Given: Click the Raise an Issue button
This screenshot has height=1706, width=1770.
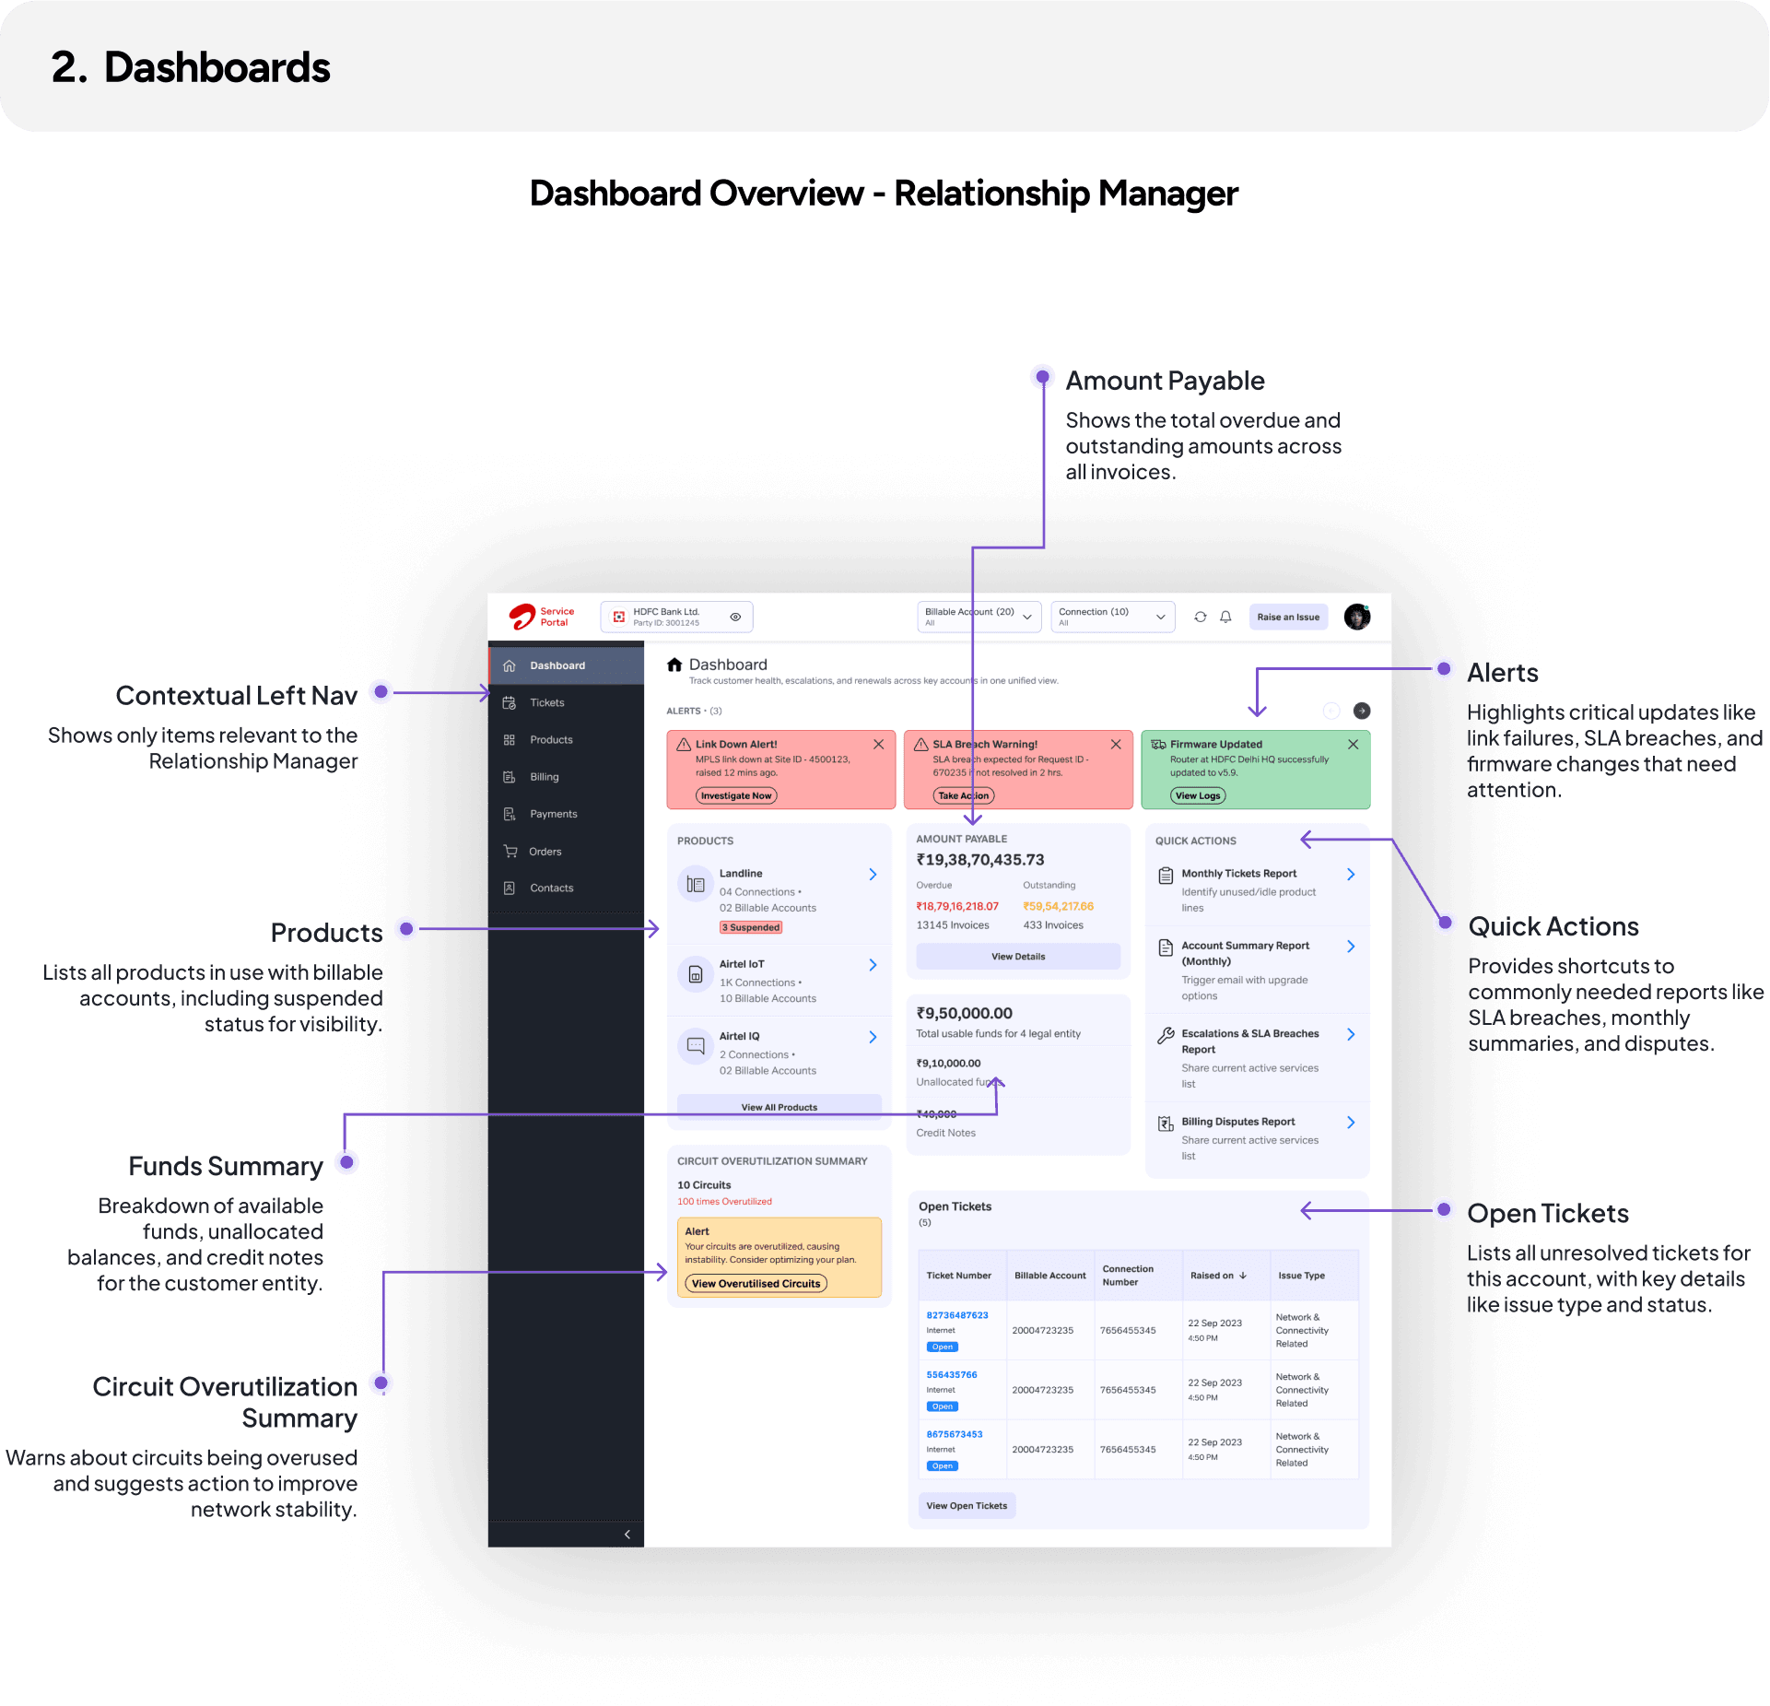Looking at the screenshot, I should pos(1287,617).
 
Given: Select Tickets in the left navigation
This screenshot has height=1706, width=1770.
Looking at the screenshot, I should pos(546,702).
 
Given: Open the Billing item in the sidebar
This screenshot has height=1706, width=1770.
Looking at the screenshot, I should pos(544,777).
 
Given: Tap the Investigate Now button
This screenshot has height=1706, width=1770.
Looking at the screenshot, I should pos(735,795).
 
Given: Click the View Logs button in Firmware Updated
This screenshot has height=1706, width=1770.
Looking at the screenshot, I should pos(1197,795).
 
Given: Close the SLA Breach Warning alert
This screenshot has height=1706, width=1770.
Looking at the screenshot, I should pos(1115,744).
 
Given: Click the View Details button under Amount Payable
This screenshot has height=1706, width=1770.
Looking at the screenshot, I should pos(1017,957).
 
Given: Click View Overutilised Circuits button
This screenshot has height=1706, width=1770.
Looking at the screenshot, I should pos(756,1283).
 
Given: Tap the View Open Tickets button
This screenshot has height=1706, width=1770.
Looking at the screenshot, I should pos(966,1506).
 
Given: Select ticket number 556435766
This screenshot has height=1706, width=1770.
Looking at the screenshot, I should pos(951,1374).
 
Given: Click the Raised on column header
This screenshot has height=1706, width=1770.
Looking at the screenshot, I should pos(1217,1276).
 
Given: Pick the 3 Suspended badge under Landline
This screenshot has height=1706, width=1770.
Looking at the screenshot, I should pos(751,927).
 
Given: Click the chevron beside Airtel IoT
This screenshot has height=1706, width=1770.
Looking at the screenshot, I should pos(873,965).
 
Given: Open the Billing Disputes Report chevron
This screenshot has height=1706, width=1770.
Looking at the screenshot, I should pos(1350,1122).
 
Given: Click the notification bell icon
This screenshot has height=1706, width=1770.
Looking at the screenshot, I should pos(1225,617).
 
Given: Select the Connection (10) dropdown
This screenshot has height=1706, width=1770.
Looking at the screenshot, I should pos(1112,617).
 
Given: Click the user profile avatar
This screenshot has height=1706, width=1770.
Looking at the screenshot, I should pos(1356,617).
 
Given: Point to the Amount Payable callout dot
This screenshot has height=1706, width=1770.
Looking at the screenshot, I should pos(1042,377).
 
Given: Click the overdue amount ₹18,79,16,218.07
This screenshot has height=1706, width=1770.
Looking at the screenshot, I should pos(956,906).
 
